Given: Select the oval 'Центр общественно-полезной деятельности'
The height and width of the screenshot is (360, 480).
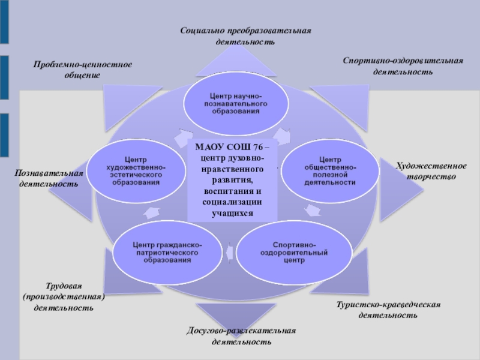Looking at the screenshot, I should click(x=329, y=171).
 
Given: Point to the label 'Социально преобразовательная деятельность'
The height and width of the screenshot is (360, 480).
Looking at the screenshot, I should click(x=246, y=36).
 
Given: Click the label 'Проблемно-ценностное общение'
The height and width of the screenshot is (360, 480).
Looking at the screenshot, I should click(x=82, y=70).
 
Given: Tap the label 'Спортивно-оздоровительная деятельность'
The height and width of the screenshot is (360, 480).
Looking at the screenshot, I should click(x=403, y=66).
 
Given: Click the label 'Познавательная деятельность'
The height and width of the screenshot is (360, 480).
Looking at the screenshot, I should click(x=49, y=178).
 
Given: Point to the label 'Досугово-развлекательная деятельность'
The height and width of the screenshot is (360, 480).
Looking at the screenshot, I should click(x=242, y=337).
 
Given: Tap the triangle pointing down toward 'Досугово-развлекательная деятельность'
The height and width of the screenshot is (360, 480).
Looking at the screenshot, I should click(x=230, y=314).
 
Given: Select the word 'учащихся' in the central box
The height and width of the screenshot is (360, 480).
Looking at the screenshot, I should click(x=233, y=213).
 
